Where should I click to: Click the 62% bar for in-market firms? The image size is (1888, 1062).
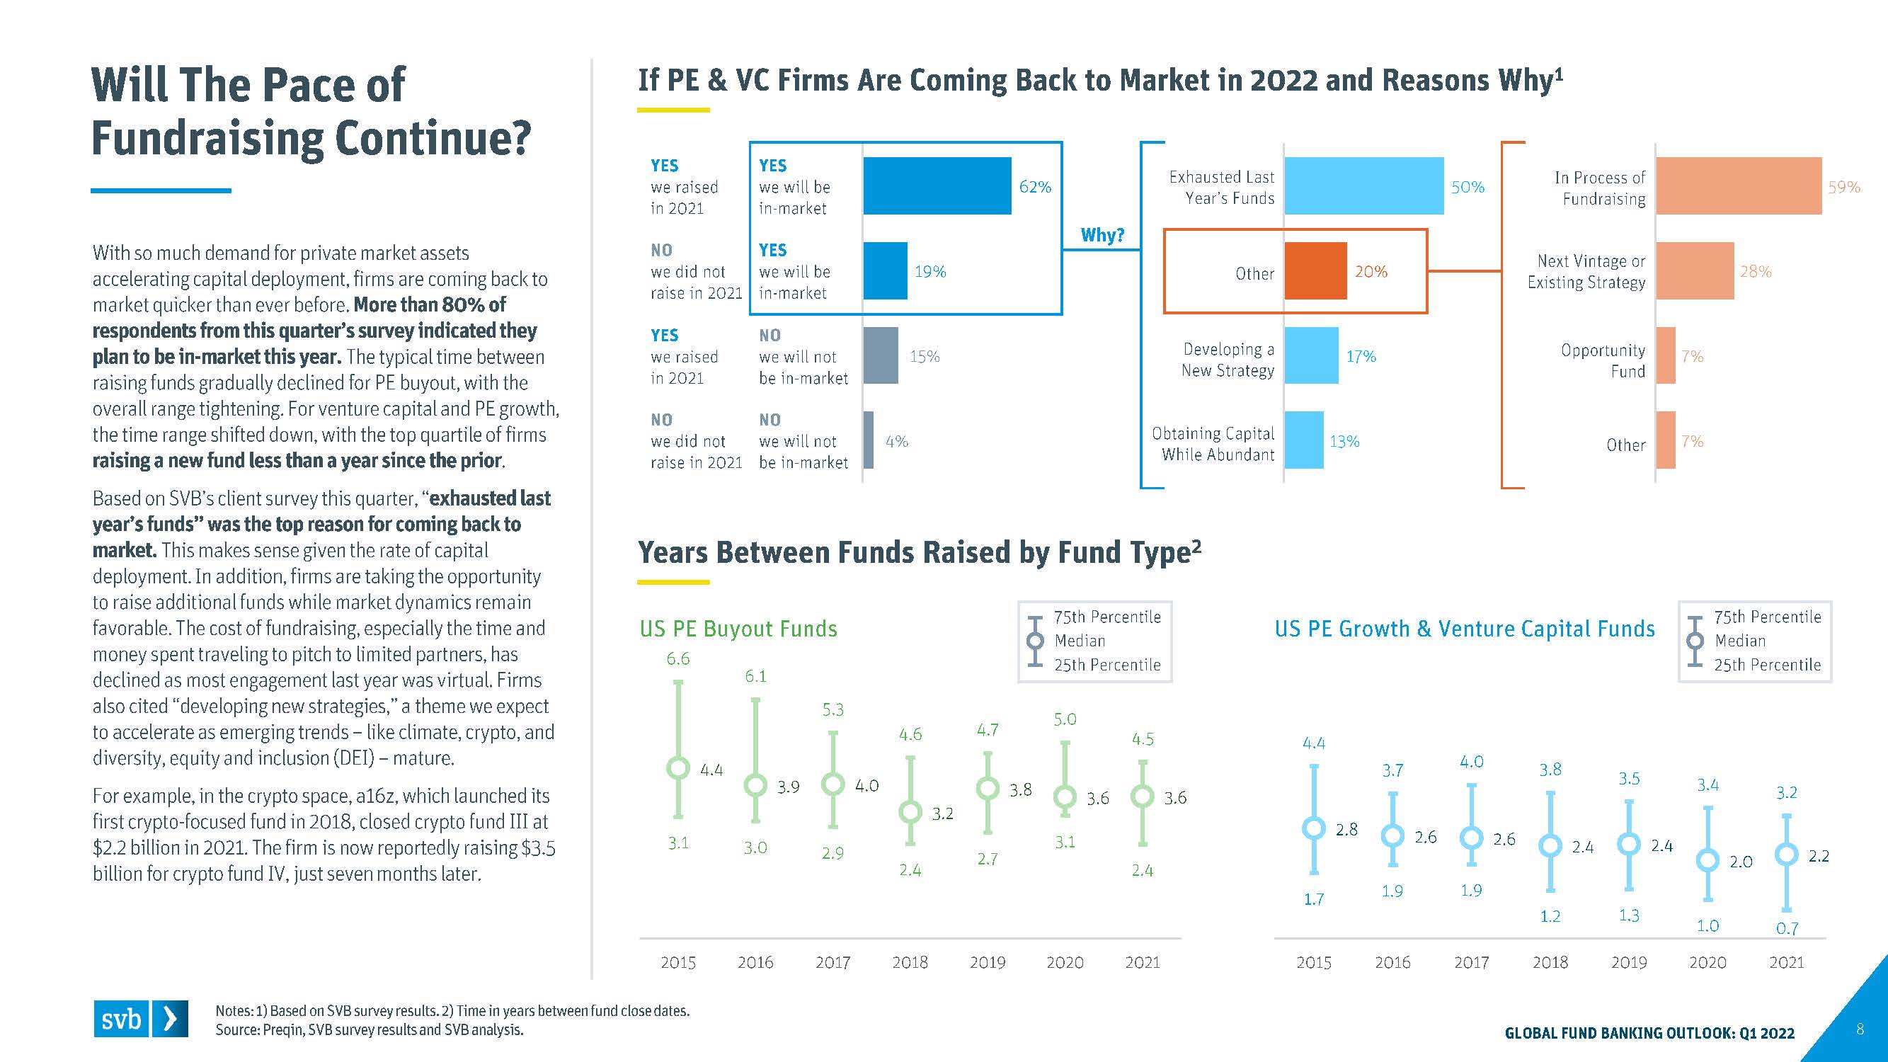(x=937, y=186)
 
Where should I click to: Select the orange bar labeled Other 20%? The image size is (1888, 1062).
(x=1315, y=271)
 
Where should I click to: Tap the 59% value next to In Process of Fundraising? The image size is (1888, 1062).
(x=1843, y=188)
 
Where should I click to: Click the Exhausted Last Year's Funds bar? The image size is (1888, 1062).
(x=1363, y=186)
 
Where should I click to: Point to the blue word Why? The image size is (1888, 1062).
(x=1102, y=235)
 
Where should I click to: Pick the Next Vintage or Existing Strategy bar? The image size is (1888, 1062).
(x=1695, y=271)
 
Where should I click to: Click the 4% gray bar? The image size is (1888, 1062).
(x=869, y=440)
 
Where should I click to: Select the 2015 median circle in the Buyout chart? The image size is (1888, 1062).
(x=678, y=767)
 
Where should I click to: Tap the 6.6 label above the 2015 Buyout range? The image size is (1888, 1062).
(x=678, y=659)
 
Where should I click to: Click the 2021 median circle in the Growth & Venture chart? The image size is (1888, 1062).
(x=1786, y=854)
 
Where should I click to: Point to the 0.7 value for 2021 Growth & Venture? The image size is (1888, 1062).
(x=1787, y=929)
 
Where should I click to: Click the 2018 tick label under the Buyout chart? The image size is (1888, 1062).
(x=910, y=962)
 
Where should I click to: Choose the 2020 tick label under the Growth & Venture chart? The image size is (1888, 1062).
(x=1707, y=962)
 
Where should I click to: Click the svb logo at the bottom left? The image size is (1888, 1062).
(x=140, y=1019)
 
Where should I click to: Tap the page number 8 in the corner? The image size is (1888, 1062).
(x=1860, y=1029)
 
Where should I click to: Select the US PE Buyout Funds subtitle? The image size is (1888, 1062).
(x=738, y=629)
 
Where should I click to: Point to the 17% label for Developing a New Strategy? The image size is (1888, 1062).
(x=1361, y=357)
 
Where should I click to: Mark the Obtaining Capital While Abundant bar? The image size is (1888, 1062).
(x=1304, y=440)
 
